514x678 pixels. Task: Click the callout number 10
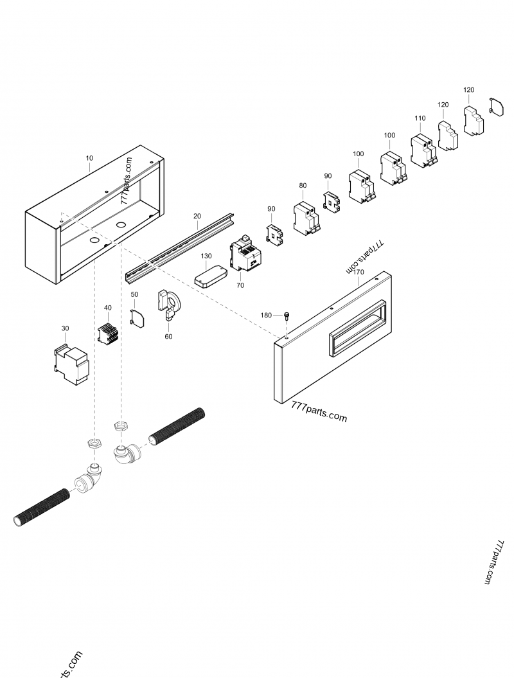[89, 157]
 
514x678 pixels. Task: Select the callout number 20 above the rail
[197, 217]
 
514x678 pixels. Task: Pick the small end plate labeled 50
[137, 319]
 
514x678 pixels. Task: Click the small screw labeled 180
[286, 316]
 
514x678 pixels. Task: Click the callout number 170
[359, 272]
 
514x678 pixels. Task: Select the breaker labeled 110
[423, 152]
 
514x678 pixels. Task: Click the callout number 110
[420, 119]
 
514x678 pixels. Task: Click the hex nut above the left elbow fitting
[94, 443]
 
